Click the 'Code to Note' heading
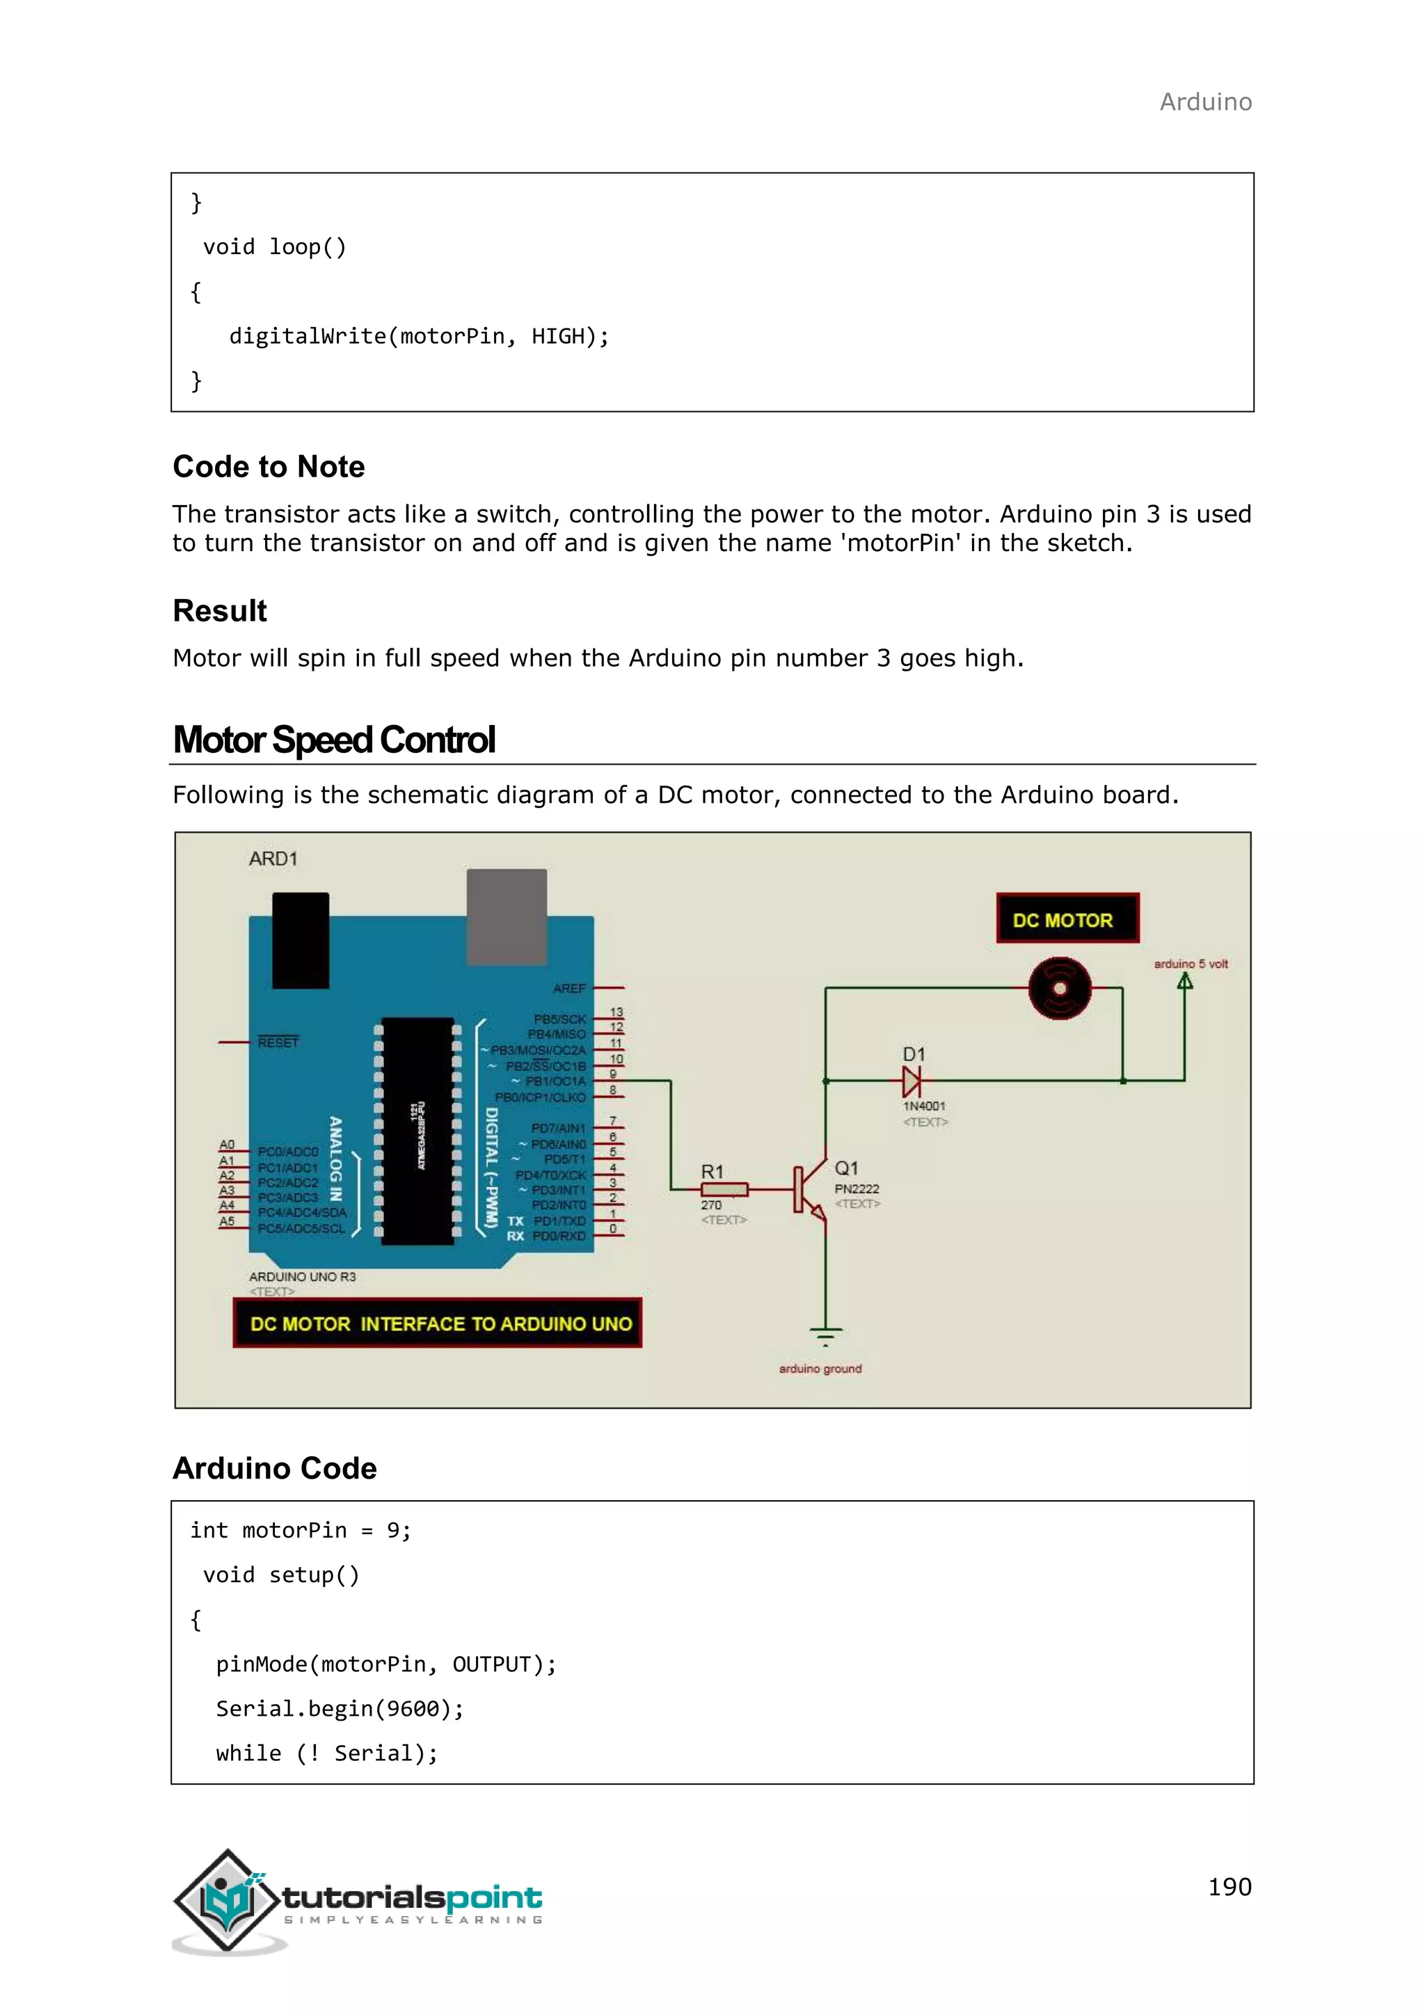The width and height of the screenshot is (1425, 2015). pos(269,466)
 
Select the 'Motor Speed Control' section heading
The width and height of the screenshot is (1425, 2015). pos(334,740)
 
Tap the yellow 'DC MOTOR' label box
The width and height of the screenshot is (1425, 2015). pos(1067,919)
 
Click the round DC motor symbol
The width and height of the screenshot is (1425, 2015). pos(1060,988)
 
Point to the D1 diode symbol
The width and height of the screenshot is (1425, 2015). pos(911,1081)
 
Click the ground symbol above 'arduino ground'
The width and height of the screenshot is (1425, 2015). pos(825,1337)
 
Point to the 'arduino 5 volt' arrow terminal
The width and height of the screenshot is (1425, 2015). pos(1184,980)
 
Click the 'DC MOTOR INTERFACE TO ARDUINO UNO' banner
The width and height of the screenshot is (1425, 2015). pos(438,1323)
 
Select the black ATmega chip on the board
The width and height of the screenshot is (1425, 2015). pos(417,1131)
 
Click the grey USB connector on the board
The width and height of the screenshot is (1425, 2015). pos(507,916)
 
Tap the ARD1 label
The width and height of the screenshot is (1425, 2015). pos(273,859)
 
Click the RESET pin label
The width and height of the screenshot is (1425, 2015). pos(278,1042)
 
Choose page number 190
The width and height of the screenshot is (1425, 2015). pos(1229,1886)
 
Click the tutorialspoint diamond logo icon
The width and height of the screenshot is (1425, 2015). pos(228,1900)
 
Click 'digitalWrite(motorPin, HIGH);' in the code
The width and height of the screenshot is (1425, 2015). pos(419,336)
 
